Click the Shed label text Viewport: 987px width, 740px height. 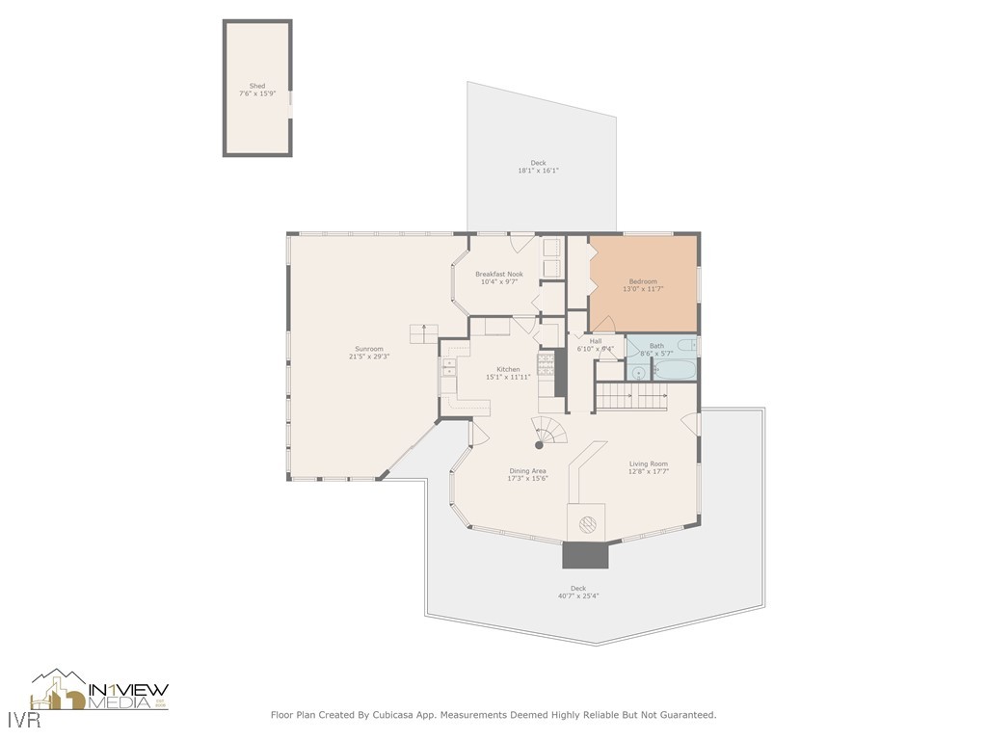point(256,86)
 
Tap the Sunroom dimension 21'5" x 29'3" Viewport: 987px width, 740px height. point(368,357)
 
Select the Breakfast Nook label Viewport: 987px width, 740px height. point(498,274)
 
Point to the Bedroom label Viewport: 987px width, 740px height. point(643,280)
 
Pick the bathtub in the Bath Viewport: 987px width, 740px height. point(675,369)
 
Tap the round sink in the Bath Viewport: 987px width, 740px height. point(638,370)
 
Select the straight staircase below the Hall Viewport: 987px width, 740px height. point(631,395)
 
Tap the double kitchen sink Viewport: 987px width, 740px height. point(449,367)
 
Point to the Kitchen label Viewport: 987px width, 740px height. point(508,369)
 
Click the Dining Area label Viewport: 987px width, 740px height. point(527,471)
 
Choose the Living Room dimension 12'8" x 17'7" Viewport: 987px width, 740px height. point(648,471)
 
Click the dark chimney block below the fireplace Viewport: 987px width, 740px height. point(585,555)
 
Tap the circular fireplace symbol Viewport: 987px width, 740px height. point(586,524)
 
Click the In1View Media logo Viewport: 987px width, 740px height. point(100,692)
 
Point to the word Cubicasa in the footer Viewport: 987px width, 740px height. point(396,715)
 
